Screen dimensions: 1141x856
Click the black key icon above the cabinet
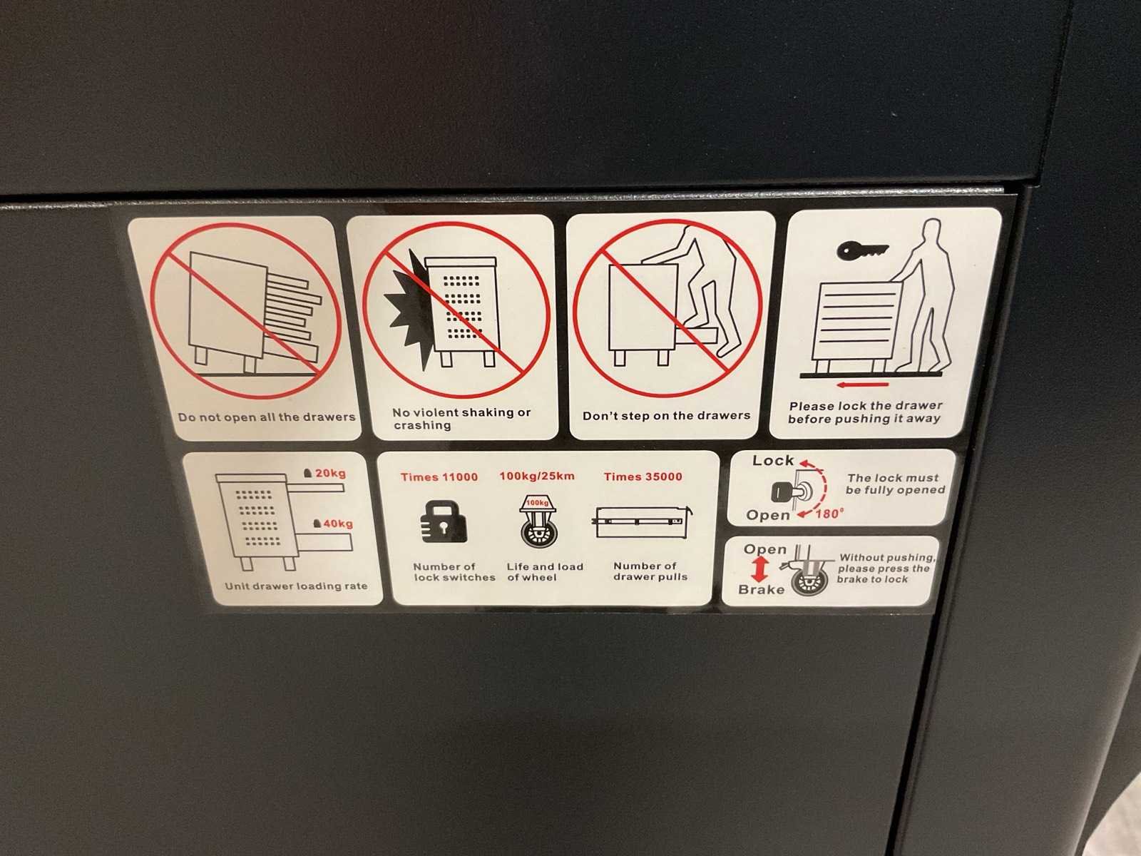862,250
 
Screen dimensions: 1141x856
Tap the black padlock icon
444,521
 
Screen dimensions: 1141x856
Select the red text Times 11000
439,477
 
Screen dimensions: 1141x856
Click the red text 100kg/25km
537,476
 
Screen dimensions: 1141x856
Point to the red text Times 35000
643,476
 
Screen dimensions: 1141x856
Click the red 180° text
829,514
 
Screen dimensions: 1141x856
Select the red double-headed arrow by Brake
760,569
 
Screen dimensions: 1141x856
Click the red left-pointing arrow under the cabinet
862,385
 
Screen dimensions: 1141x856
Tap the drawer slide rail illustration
643,521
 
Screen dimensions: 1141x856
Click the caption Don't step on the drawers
666,415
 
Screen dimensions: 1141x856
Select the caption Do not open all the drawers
267,417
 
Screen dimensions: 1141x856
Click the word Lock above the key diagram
773,460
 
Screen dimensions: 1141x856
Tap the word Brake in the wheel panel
761,589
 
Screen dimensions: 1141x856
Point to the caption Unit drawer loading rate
296,586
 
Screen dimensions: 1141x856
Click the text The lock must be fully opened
895,484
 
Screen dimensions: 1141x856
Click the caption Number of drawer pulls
650,571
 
